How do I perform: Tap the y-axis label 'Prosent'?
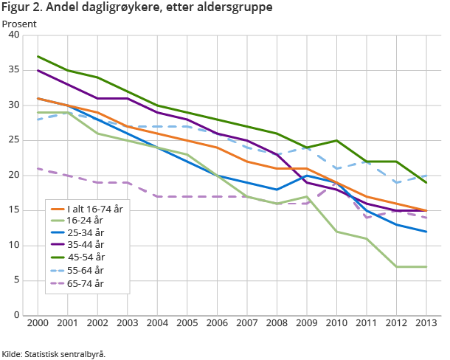click(x=19, y=24)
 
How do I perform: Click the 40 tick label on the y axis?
click(x=15, y=35)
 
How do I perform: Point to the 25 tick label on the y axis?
click(x=15, y=140)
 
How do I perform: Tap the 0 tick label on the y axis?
click(x=18, y=315)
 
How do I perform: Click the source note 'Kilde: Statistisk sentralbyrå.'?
click(x=54, y=353)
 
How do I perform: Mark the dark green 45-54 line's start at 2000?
click(x=37, y=56)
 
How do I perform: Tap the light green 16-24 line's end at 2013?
click(x=426, y=266)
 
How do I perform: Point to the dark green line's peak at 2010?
click(x=336, y=140)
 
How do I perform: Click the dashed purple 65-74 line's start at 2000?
click(x=37, y=168)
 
